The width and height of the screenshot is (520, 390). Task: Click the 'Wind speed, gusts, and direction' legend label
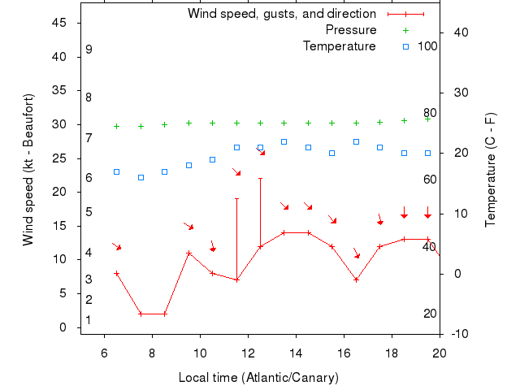click(281, 14)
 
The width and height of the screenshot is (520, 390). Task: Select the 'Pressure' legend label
click(351, 30)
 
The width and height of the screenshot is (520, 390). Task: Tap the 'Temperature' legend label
click(340, 46)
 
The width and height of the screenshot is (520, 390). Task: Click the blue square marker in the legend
click(406, 46)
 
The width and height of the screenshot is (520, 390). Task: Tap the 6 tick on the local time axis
click(104, 353)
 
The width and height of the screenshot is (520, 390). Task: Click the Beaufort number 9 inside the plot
click(89, 50)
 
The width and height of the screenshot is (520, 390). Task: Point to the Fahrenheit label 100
click(427, 46)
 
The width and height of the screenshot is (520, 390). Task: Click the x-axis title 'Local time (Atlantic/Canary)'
click(258, 378)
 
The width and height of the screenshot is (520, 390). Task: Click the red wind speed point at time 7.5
click(141, 314)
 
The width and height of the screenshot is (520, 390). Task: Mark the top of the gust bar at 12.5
click(260, 178)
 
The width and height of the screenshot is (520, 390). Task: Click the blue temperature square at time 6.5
click(116, 171)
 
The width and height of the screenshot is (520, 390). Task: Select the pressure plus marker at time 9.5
click(188, 123)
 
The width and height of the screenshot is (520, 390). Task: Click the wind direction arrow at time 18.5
click(404, 211)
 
